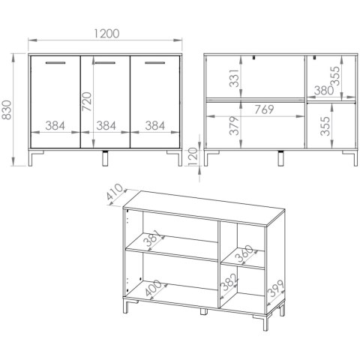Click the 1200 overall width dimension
pyautogui.click(x=106, y=34)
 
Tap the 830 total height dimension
pyautogui.click(x=7, y=109)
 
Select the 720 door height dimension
pyautogui.click(x=87, y=102)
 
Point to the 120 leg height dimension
pyautogui.click(x=193, y=157)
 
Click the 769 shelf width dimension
pyautogui.click(x=264, y=109)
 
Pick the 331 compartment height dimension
pyautogui.click(x=235, y=78)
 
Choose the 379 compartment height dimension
pyautogui.click(x=235, y=126)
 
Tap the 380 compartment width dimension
pyautogui.click(x=324, y=91)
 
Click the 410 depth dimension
pyautogui.click(x=115, y=192)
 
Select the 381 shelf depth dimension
pyautogui.click(x=153, y=238)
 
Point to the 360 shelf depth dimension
pyautogui.click(x=245, y=253)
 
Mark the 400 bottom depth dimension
pyautogui.click(x=153, y=288)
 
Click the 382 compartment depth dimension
pyautogui.click(x=229, y=282)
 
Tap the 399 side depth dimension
pyautogui.click(x=275, y=288)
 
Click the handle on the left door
pyautogui.click(x=55, y=63)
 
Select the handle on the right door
pyautogui.click(x=155, y=63)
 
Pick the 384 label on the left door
pyautogui.click(x=55, y=126)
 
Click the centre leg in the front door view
pyautogui.click(x=106, y=158)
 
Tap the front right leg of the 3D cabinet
pyautogui.click(x=265, y=322)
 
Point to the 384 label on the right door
pyautogui.click(x=155, y=126)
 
